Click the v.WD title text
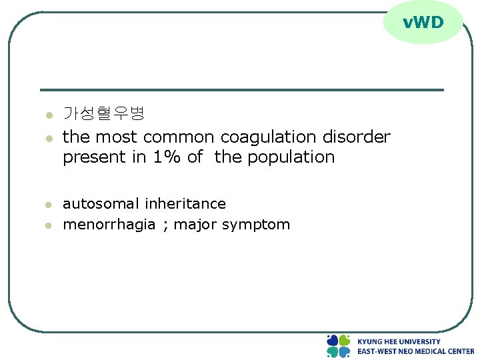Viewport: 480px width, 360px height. coord(423,23)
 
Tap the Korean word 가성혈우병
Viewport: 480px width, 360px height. coord(103,113)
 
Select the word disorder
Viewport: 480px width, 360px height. coord(357,137)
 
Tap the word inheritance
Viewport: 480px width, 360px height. coord(185,204)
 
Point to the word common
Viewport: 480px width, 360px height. coord(179,137)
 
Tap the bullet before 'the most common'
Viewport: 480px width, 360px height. coord(48,139)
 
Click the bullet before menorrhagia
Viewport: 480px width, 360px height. coord(48,226)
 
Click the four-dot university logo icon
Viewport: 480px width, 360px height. coord(339,346)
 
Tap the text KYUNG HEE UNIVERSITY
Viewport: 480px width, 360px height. coord(399,341)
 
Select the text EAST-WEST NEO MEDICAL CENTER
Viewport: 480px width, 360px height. coord(415,351)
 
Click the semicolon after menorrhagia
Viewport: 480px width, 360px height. coord(165,225)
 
